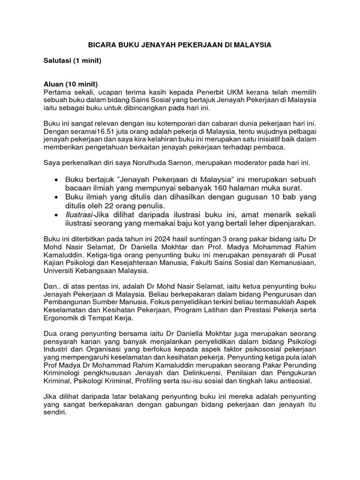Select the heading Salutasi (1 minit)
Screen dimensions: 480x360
72,61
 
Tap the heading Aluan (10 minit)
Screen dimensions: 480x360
70,84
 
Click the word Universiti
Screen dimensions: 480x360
60,271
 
